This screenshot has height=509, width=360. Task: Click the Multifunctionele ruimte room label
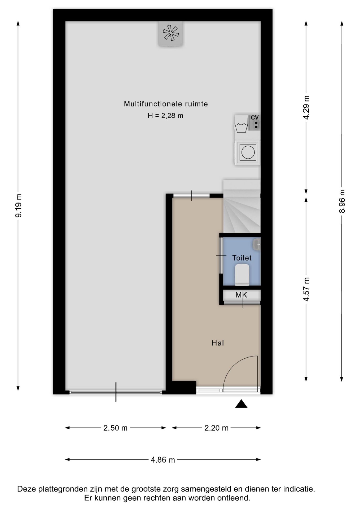166,104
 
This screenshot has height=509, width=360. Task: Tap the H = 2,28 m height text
165,116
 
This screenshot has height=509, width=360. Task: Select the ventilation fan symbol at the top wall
171,34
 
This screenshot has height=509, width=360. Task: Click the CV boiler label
255,117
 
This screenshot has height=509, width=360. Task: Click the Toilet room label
242,258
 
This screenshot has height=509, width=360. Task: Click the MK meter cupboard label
241,295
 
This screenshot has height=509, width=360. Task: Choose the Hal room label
218,343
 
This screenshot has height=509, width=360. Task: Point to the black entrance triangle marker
241,404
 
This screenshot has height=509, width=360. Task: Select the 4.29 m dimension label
306,108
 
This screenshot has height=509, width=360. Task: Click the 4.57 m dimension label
306,289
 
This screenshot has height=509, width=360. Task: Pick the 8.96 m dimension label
342,201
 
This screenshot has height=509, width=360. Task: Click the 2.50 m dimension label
115,428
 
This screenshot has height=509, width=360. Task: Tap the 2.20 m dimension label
216,428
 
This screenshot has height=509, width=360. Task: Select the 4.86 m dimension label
163,460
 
